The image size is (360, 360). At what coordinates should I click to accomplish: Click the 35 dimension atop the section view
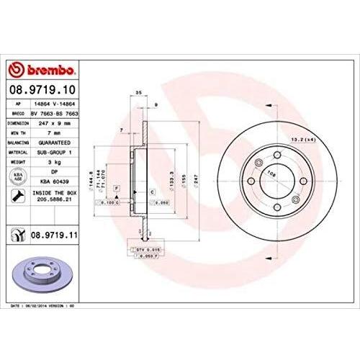pos(137,94)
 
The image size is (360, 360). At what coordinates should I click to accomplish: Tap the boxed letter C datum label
pos(153,192)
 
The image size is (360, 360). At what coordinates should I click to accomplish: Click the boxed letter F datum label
pos(115,187)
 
